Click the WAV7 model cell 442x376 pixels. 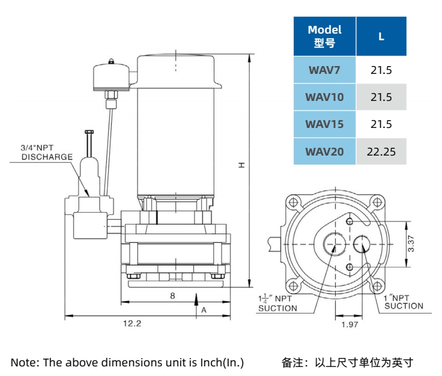click(324, 70)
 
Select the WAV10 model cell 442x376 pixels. click(324, 97)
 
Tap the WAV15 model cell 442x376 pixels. click(324, 124)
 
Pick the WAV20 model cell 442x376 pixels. click(324, 151)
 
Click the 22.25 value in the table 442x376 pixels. click(381, 151)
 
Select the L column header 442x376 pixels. click(381, 36)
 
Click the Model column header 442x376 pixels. click(324, 36)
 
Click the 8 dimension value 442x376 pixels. click(172, 296)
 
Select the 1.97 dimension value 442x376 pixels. click(349, 325)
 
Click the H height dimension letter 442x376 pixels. click(241, 164)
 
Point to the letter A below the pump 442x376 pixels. click(204, 310)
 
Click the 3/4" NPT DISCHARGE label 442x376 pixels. click(47, 152)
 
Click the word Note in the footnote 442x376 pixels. click(22, 362)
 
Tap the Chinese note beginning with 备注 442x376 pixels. click(348, 362)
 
